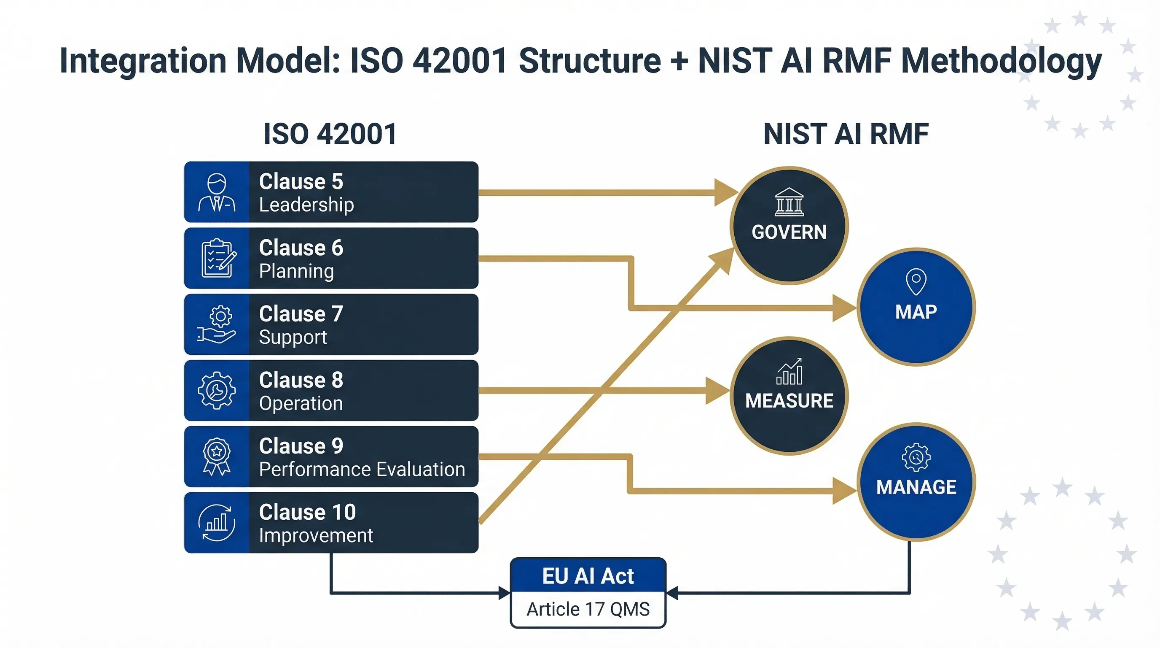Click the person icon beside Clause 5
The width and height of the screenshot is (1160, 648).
tap(217, 192)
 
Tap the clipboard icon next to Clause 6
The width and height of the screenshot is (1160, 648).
tap(218, 258)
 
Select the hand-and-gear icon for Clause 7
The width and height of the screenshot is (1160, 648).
tap(217, 324)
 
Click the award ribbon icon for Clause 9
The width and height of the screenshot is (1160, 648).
tap(217, 456)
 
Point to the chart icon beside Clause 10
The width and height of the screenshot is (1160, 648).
tap(217, 523)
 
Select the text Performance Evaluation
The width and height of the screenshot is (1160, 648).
tap(362, 470)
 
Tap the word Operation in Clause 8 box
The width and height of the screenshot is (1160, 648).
tap(301, 403)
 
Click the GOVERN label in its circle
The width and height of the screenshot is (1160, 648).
tap(789, 232)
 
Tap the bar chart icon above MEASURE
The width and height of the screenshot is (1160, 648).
tap(789, 372)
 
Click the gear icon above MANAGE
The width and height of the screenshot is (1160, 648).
tap(916, 457)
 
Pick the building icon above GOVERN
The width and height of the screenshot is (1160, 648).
tap(789, 202)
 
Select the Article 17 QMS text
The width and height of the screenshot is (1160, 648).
tap(588, 609)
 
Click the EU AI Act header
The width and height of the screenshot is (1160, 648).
tap(588, 576)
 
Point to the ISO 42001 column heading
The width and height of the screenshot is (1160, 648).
tap(330, 134)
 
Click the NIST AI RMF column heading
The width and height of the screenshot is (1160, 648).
tap(846, 134)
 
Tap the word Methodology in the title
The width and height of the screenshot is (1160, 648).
tap(1001, 61)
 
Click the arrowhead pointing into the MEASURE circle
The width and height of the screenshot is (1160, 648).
tap(717, 391)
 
